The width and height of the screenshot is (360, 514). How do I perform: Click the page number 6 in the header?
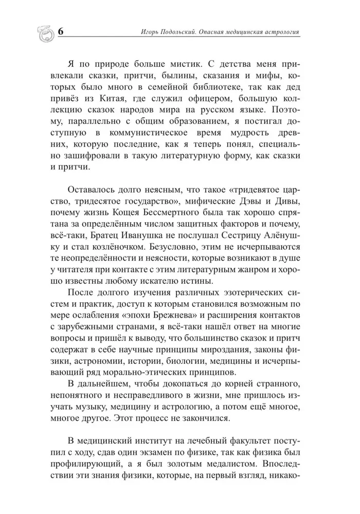pyautogui.click(x=61, y=31)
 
